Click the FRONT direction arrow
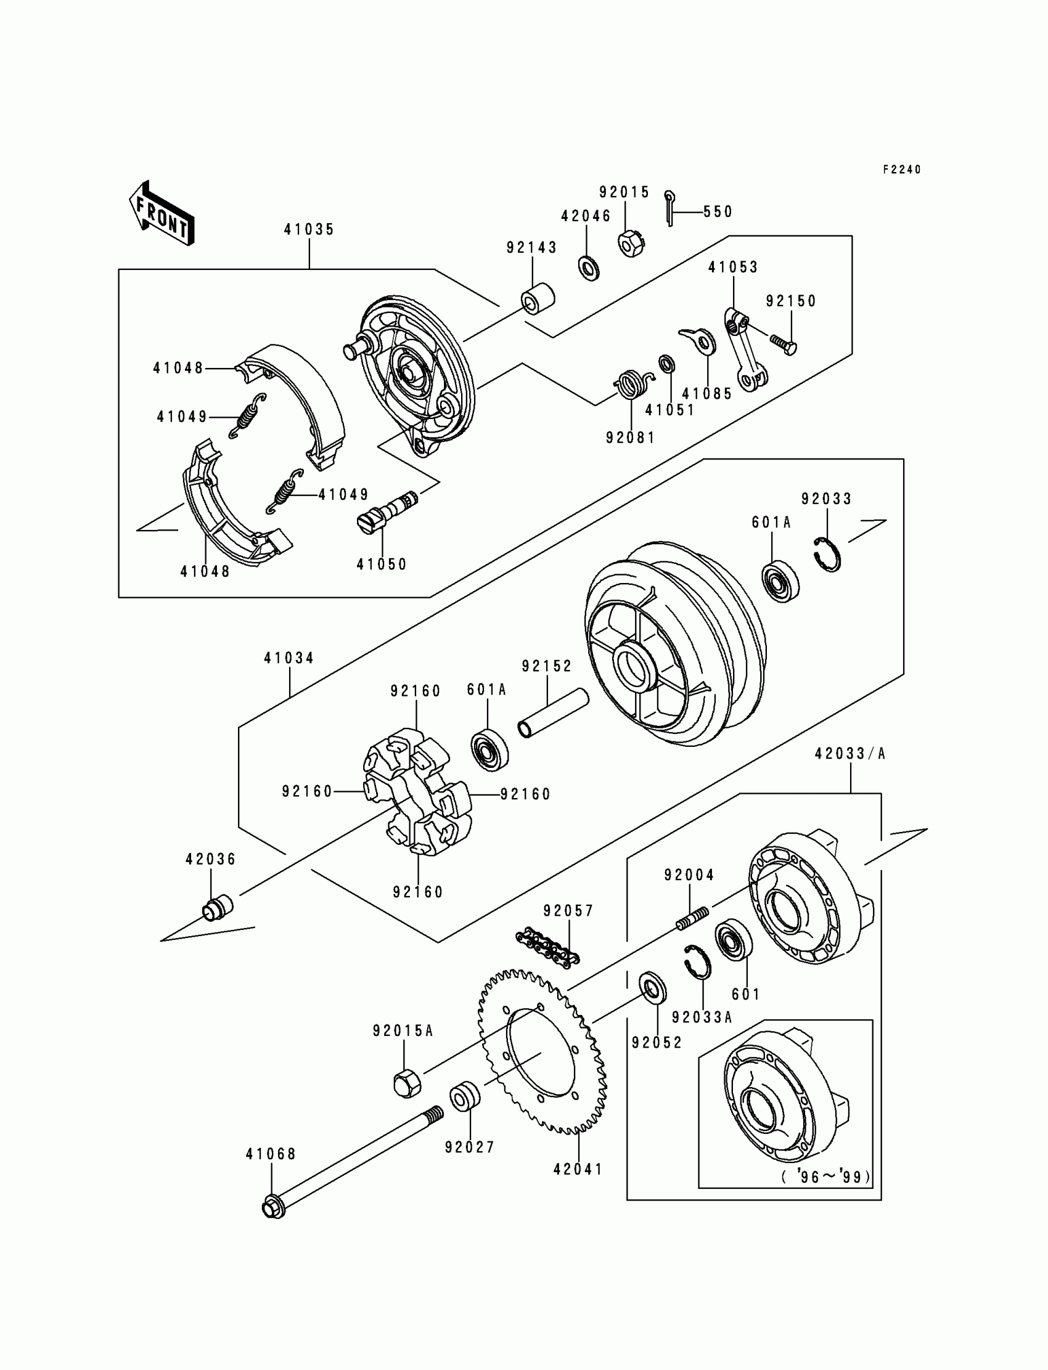[162, 213]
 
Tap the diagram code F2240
[901, 169]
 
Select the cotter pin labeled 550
[670, 208]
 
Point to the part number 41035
[309, 229]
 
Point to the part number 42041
[578, 1169]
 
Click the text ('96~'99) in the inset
[825, 1176]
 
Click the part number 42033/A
[849, 754]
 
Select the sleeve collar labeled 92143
[538, 299]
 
